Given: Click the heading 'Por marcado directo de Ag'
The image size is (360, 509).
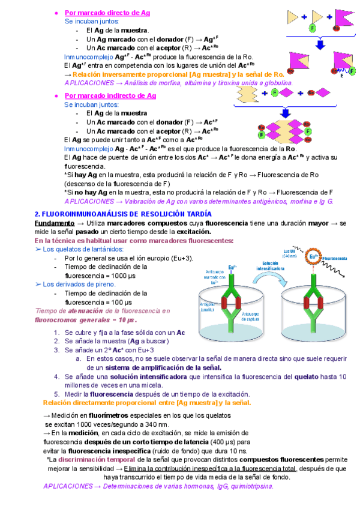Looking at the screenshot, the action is [107, 12].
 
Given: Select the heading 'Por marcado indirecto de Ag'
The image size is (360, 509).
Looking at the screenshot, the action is [110, 95].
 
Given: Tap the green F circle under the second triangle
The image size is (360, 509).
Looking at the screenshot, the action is [313, 28].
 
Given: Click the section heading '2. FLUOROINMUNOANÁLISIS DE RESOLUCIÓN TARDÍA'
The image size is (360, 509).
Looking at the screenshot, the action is [123, 214].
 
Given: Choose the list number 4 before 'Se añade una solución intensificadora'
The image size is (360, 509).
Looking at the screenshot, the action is [56, 376].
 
